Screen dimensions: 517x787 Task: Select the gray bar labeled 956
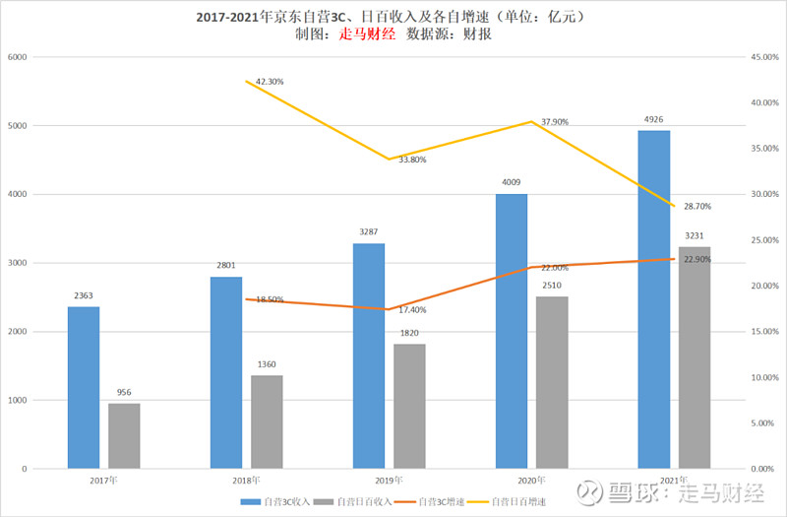pos(124,435)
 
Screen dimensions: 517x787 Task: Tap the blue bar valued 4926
pos(653,299)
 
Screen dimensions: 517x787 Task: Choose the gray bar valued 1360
pos(267,421)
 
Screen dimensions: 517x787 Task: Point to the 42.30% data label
pos(269,82)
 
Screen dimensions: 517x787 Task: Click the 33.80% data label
pos(412,160)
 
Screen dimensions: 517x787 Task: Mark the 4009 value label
pos(511,182)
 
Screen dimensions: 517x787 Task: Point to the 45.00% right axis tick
pos(763,57)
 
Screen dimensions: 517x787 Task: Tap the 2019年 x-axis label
pos(389,480)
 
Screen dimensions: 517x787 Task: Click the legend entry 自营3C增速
pos(438,502)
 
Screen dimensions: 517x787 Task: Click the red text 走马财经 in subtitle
pos(366,33)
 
